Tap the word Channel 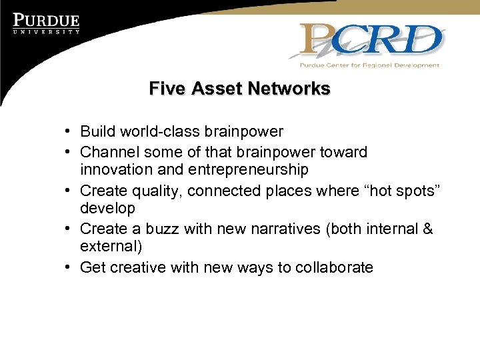coord(109,152)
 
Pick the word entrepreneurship coord(249,170)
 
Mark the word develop coord(107,209)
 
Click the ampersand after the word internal coord(427,229)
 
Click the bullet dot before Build coord(69,133)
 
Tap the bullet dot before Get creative coord(69,268)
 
